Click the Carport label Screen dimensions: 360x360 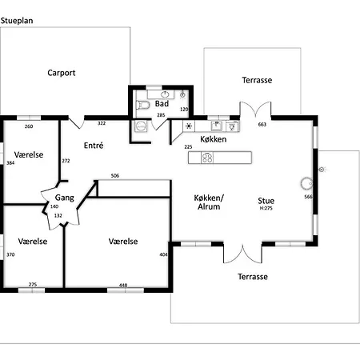coord(62,72)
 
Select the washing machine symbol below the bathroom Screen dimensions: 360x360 coord(142,125)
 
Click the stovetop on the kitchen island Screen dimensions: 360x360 coord(206,158)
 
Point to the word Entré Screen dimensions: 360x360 coord(94,145)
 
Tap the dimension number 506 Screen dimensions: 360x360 coord(115,175)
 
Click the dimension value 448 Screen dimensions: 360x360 coord(123,284)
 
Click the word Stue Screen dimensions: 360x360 coord(266,201)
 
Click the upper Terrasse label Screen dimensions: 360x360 coord(258,81)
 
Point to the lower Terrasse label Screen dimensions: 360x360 coord(253,277)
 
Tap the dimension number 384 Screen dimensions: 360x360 coord(10,162)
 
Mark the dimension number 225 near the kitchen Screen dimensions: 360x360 coord(189,146)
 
